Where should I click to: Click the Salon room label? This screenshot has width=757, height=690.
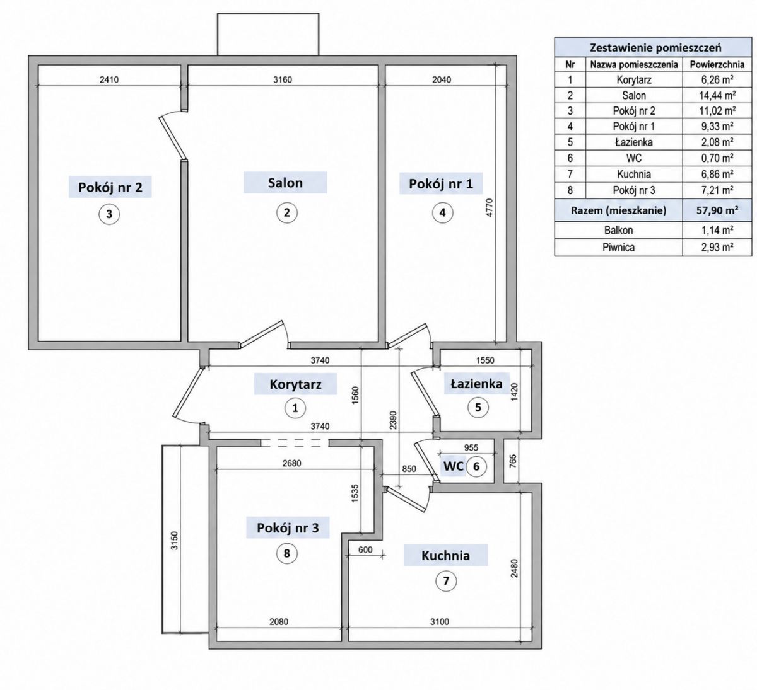[285, 183]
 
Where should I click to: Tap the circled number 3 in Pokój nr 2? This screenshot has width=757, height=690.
[109, 214]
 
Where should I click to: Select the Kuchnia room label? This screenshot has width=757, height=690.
[445, 555]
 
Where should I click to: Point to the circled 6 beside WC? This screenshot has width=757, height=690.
[476, 466]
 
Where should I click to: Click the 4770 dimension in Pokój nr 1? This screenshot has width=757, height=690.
[490, 207]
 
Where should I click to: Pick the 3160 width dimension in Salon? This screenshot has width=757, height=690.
[283, 80]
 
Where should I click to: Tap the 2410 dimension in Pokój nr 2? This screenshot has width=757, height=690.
[109, 80]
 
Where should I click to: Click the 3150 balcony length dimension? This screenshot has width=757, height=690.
[174, 541]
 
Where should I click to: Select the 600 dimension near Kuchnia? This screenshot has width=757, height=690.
[365, 549]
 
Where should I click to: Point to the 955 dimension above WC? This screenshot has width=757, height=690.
[471, 447]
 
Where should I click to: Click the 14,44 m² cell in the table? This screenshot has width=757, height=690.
[717, 95]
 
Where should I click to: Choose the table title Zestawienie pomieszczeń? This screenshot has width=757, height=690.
[655, 48]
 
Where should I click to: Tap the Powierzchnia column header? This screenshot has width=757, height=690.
[717, 64]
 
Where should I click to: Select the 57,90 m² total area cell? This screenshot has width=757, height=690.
[717, 210]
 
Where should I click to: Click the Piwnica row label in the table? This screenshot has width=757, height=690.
[618, 248]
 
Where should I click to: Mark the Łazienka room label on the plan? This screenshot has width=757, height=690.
[477, 384]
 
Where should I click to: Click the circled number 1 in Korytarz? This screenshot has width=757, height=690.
[295, 408]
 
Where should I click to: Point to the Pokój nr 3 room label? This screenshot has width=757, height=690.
[288, 528]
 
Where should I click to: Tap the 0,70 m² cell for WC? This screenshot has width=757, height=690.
[717, 158]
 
